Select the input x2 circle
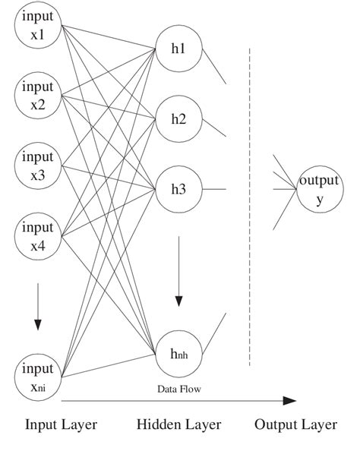[37, 96]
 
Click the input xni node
[37, 378]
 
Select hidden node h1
[178, 50]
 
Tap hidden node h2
[178, 119]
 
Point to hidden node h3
[178, 189]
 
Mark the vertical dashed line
[250, 205]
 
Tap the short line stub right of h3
[216, 189]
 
